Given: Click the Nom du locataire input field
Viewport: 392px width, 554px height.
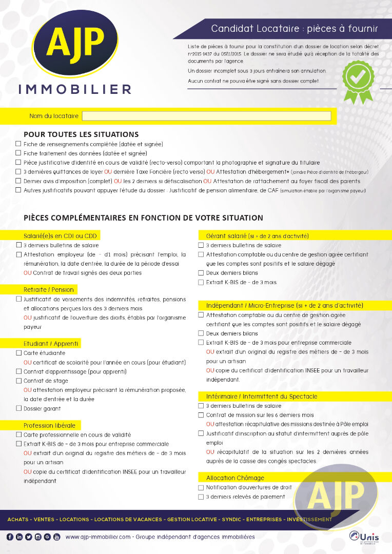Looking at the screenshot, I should tap(206, 116).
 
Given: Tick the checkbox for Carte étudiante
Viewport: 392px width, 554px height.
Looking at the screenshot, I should tap(19, 353).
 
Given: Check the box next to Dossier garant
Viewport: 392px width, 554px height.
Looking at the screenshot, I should tap(19, 408).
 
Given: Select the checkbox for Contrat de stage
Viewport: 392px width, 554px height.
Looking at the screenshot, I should tap(19, 381).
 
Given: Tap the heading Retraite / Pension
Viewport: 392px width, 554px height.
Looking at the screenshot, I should tap(49, 290).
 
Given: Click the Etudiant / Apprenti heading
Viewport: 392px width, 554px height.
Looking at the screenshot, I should tap(51, 344).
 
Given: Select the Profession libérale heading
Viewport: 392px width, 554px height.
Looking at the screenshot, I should tap(49, 425).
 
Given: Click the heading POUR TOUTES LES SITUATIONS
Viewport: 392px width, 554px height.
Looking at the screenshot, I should tap(81, 134).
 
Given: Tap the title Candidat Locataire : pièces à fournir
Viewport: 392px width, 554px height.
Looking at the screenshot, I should tap(294, 29).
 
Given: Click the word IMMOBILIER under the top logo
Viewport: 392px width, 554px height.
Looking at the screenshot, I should tap(75, 89).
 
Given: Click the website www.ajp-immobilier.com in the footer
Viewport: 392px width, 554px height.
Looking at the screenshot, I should tap(99, 537).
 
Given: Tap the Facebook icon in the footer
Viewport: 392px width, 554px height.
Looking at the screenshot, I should tap(10, 537).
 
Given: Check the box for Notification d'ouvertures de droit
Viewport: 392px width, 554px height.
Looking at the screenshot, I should tap(201, 487).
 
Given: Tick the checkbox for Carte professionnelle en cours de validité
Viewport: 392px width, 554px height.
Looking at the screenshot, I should tap(19, 434).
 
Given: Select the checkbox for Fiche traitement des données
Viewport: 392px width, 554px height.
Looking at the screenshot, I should tap(18, 153).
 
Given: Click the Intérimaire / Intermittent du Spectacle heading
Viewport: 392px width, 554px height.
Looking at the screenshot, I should tap(262, 396).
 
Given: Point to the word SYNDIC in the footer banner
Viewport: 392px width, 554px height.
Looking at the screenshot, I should tap(231, 519).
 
